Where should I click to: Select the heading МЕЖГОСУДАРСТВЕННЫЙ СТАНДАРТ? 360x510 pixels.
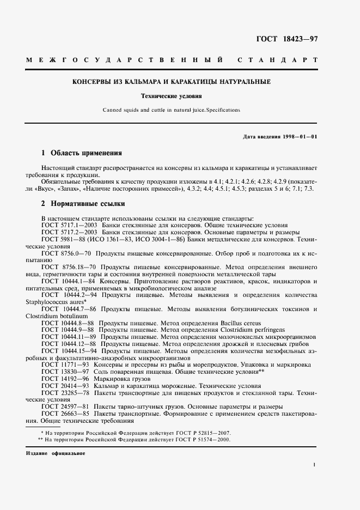(172, 59)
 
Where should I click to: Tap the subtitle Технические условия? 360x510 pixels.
(172, 96)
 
